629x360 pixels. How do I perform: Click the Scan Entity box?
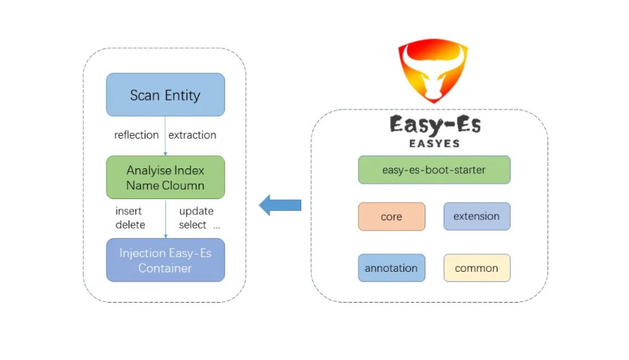[165, 95]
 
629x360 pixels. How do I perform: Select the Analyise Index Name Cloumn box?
[165, 177]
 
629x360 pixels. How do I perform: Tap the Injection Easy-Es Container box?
[165, 260]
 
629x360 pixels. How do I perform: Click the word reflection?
[136, 135]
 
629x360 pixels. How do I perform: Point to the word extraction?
[193, 135]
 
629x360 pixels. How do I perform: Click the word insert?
[129, 212]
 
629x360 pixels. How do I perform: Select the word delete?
[130, 225]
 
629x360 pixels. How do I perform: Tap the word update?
[196, 212]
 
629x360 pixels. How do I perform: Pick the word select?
[193, 225]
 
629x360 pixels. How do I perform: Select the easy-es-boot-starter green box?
[434, 170]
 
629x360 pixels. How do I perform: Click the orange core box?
[392, 217]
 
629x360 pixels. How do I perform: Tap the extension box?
[476, 217]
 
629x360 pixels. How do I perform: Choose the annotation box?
[392, 268]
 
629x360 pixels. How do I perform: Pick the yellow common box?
[476, 268]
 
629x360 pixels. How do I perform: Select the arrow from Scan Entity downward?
[165, 136]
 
